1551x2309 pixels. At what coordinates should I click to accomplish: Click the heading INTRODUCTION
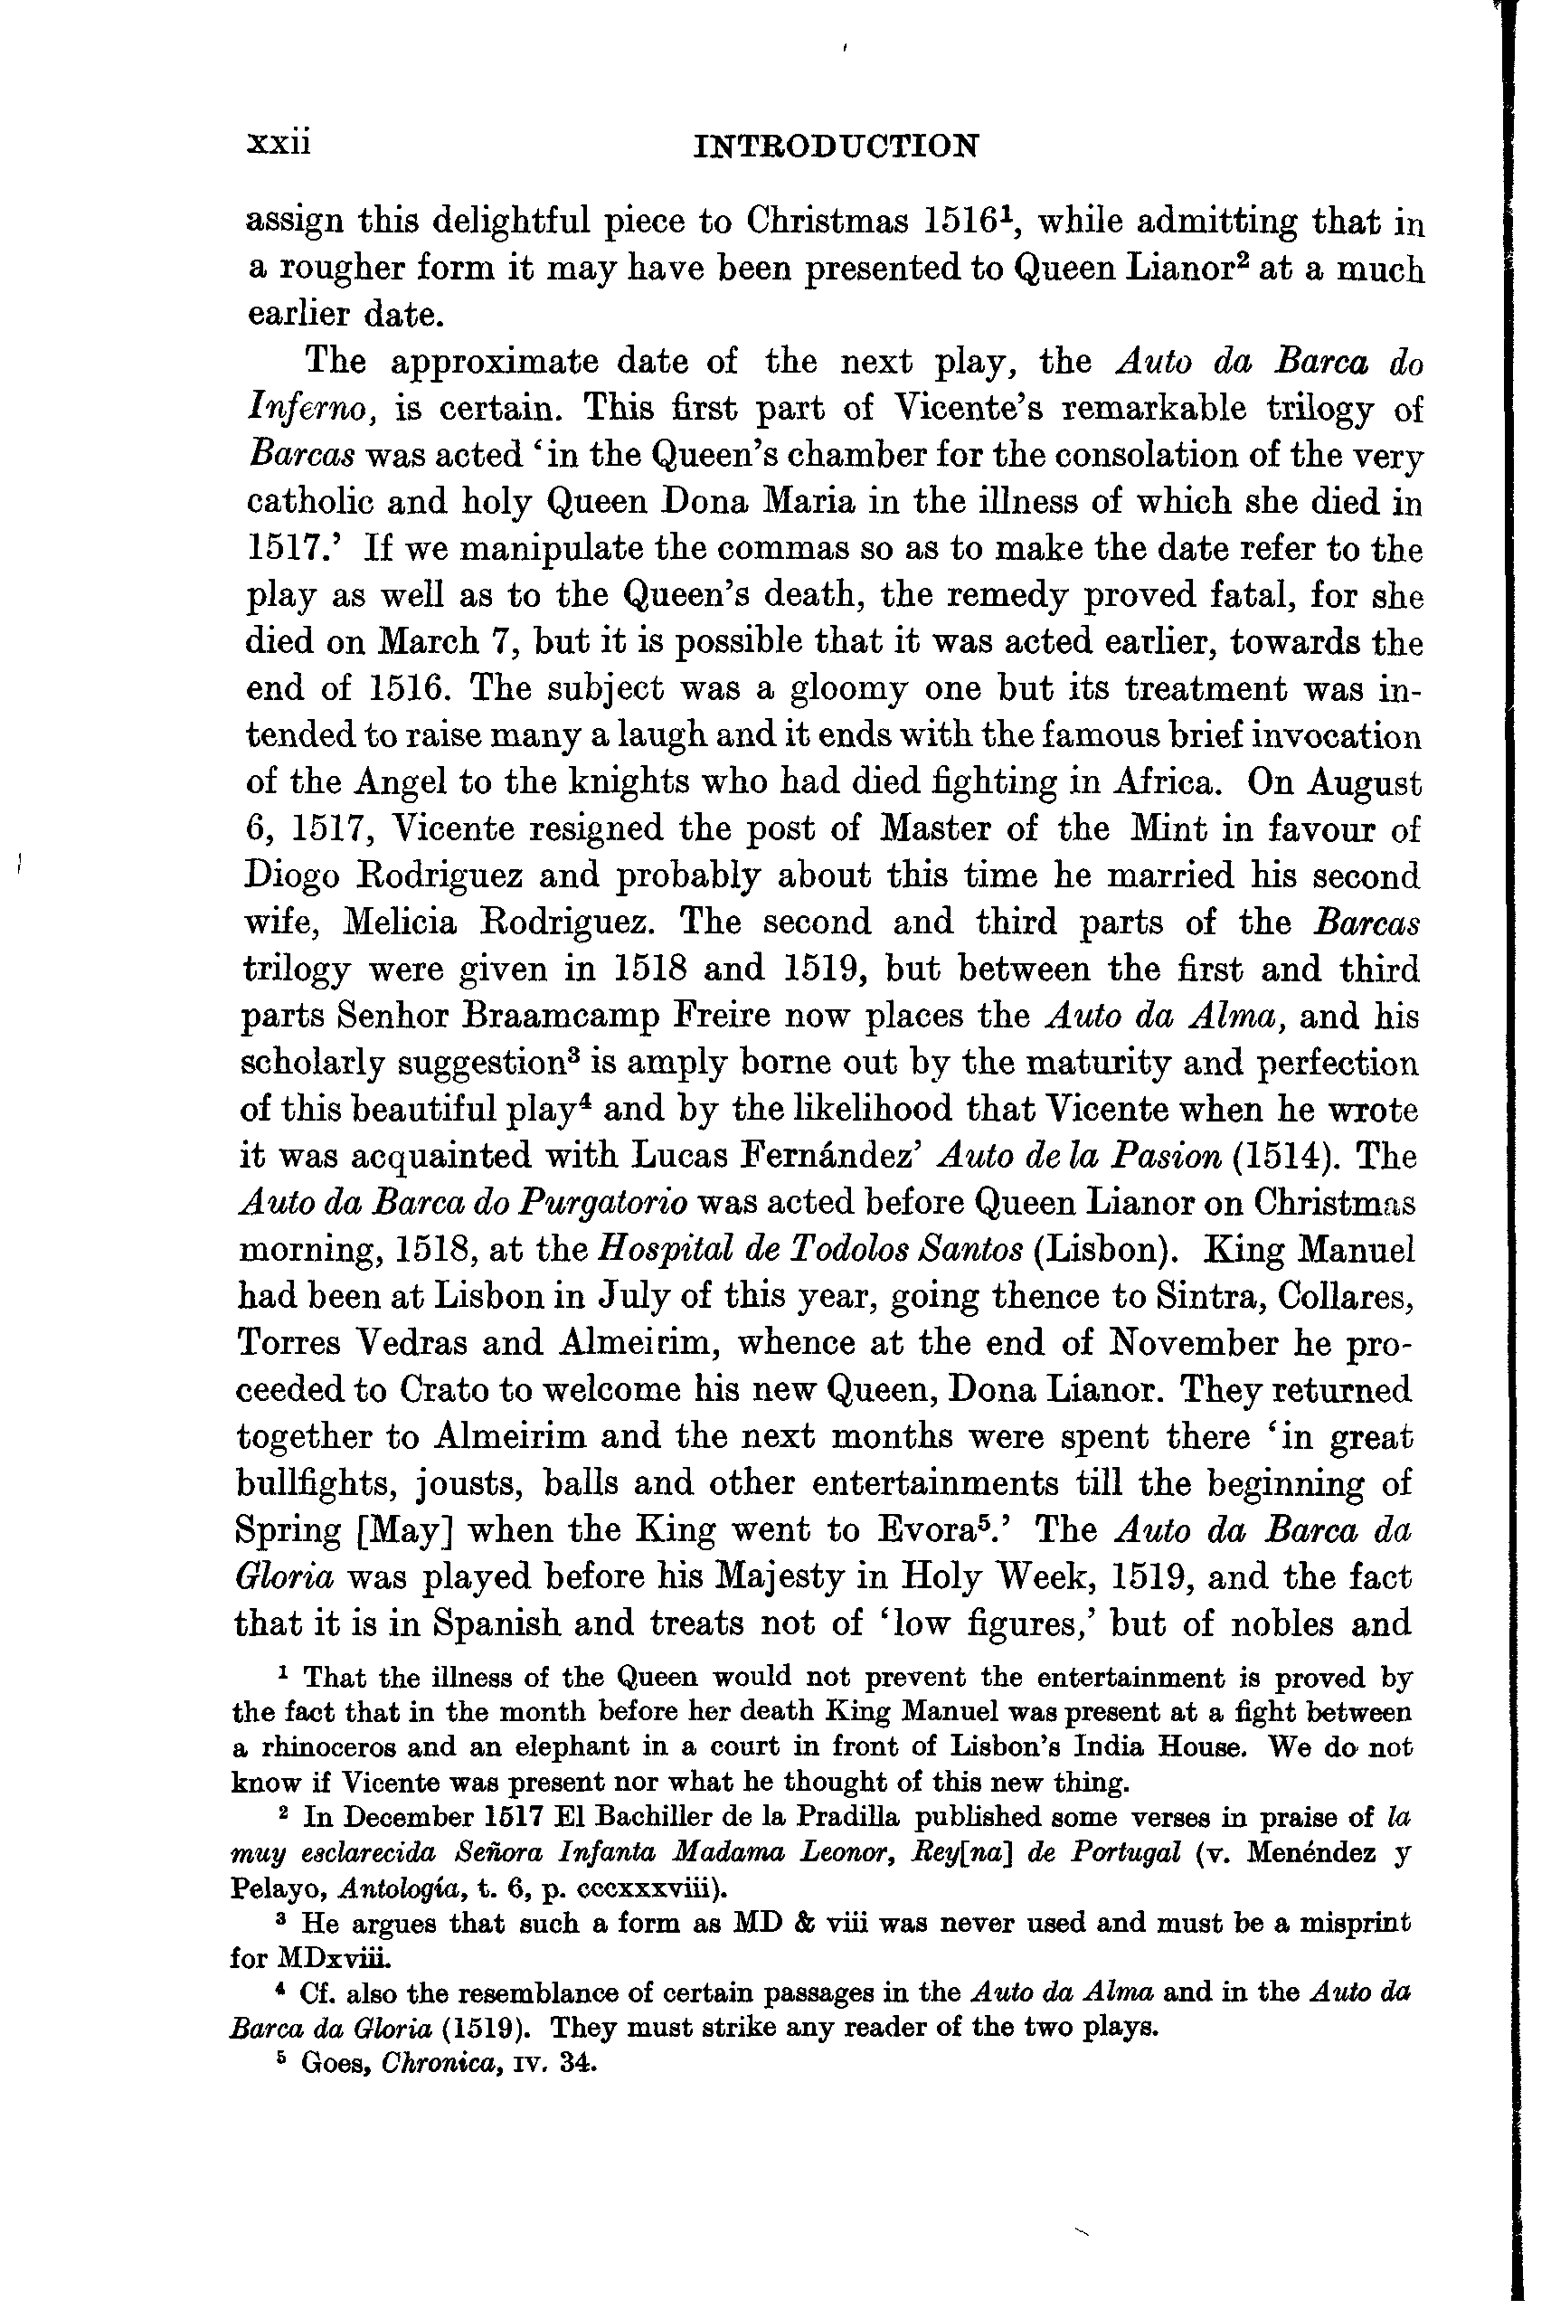click(x=836, y=147)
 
